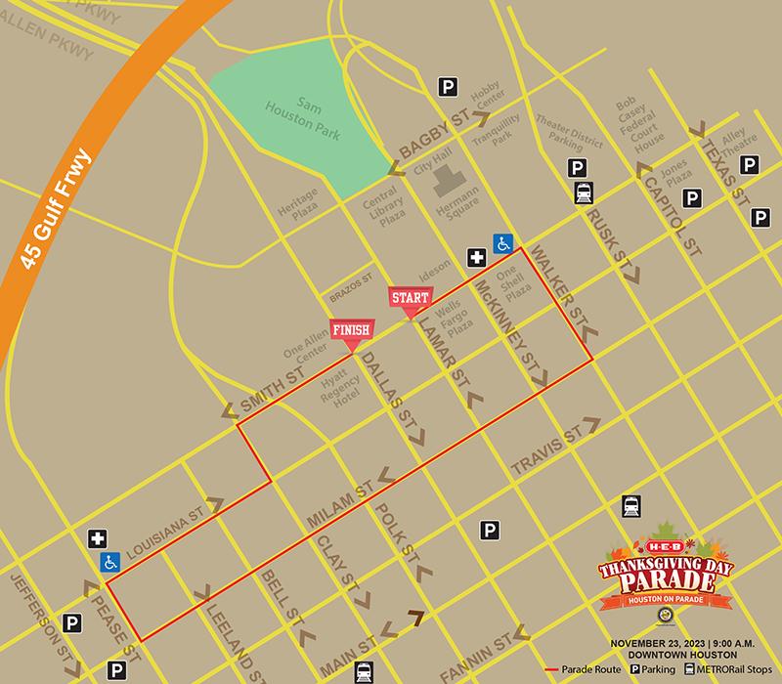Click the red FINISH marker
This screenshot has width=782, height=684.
350,331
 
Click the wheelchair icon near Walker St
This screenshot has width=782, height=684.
502,242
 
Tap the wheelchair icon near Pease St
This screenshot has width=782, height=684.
110,562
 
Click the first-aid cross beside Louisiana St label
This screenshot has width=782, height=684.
97,539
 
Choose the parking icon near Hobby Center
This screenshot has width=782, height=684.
448,88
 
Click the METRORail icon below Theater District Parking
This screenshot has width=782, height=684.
584,192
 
